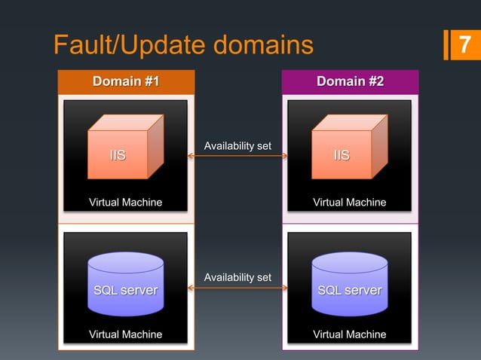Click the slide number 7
tap(464, 45)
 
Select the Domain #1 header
tap(126, 81)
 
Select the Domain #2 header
tap(350, 81)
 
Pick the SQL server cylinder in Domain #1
tap(126, 283)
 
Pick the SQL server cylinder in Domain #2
tap(350, 283)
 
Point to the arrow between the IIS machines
tap(238, 156)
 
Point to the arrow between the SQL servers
tap(238, 289)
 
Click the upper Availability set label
tap(238, 145)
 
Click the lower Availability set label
tap(238, 278)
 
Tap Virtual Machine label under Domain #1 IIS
tap(126, 203)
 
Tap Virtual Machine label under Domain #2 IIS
tap(350, 203)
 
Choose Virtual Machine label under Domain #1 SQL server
tap(126, 334)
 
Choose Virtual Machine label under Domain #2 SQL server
tap(350, 334)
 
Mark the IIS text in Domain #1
tap(118, 156)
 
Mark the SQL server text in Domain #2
tap(350, 291)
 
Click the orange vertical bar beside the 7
tap(446, 44)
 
